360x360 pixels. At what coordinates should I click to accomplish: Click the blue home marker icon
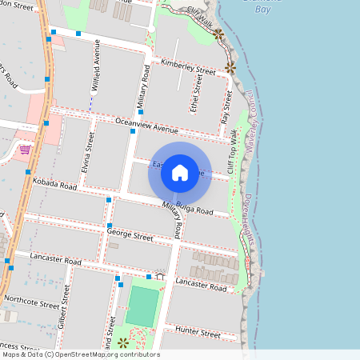(x=179, y=172)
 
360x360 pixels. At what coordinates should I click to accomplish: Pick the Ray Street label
(x=226, y=106)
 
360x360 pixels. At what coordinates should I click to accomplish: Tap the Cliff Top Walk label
(x=234, y=147)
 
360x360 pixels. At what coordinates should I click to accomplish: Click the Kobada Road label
(x=55, y=185)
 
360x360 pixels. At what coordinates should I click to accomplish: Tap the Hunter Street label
(x=198, y=332)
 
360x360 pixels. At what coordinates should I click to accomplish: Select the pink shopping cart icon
(x=25, y=149)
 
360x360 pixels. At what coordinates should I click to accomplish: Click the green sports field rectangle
(x=143, y=306)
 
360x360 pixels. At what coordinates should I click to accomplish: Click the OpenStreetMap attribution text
(x=80, y=354)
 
